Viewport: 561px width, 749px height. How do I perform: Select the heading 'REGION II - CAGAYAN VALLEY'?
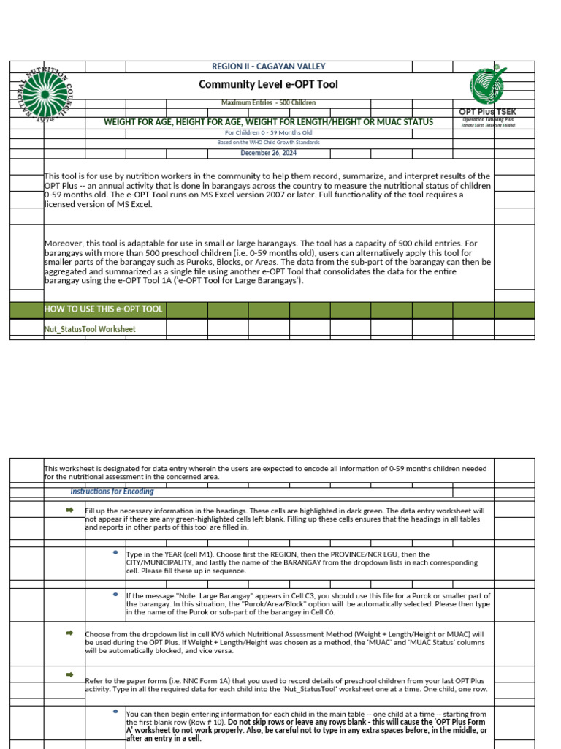point(269,67)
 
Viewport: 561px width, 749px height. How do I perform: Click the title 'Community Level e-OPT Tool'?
point(268,85)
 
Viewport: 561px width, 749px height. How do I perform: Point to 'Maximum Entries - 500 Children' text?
point(269,103)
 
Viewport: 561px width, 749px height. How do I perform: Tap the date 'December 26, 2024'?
point(269,153)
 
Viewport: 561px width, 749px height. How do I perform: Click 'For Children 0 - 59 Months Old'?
point(269,133)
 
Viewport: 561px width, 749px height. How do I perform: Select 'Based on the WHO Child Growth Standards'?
point(269,143)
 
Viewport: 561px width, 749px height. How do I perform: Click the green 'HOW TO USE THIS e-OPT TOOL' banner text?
point(104,309)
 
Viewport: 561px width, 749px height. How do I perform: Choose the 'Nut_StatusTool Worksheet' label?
point(90,329)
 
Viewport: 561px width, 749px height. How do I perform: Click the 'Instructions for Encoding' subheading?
point(112,492)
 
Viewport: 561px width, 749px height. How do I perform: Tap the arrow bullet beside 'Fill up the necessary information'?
point(70,509)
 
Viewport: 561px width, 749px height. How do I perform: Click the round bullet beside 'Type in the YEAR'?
point(115,552)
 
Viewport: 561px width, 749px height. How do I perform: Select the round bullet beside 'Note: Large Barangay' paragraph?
point(115,594)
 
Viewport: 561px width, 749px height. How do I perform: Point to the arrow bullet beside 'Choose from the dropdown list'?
point(70,632)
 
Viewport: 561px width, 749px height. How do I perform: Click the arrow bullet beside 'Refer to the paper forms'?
point(70,674)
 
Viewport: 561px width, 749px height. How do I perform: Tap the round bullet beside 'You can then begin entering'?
point(115,711)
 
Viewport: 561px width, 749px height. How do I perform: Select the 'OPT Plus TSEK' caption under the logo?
point(487,112)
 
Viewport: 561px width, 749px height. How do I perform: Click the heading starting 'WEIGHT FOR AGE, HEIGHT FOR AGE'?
point(269,122)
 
